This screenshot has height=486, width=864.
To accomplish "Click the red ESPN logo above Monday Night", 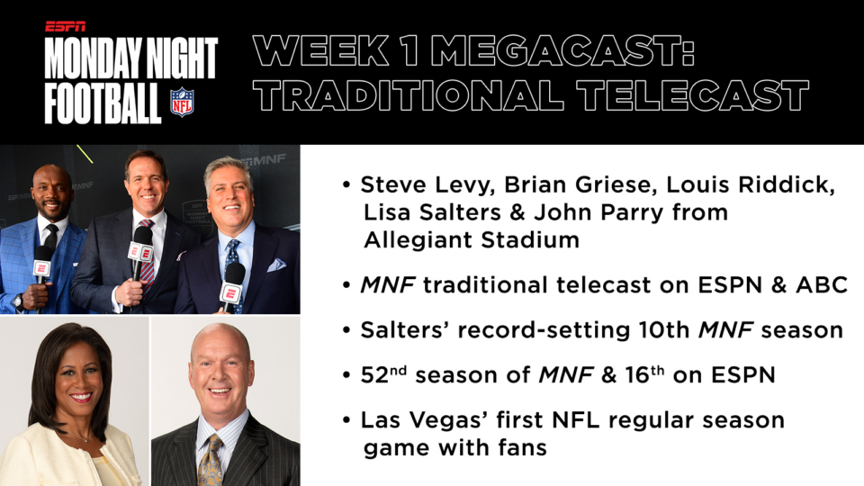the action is [x=65, y=26].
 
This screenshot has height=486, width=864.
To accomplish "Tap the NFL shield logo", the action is [x=182, y=102].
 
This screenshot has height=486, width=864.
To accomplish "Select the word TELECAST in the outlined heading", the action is [x=693, y=94].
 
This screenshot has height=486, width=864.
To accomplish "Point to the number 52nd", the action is [x=383, y=374].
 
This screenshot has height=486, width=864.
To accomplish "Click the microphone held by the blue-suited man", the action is [x=43, y=264].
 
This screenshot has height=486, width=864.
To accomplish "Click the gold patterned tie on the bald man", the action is [x=211, y=460].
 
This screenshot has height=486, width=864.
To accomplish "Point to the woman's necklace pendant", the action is [x=85, y=440].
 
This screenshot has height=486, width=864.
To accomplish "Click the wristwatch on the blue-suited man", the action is [x=18, y=301].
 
